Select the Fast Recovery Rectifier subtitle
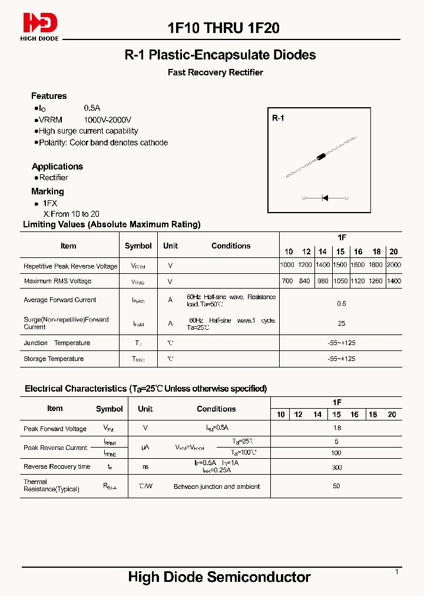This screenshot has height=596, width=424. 216,72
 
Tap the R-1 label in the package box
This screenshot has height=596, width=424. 278,118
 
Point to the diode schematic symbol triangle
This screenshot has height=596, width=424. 325,198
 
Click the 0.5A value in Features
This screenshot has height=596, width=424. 92,108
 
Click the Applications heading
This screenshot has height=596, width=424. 57,167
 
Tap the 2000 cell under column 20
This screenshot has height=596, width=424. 394,265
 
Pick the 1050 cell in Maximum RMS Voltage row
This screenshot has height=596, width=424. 340,281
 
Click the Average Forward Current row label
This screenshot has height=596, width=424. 59,300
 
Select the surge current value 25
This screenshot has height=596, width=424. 342,323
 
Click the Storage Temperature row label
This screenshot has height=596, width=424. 54,359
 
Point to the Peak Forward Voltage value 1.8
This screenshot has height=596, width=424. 337,428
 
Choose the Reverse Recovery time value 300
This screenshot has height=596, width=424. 337,466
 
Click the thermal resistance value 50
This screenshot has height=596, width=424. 337,486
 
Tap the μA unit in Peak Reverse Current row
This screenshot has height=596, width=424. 145,448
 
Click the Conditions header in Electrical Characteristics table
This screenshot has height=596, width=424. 216,409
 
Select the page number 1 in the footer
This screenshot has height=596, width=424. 396,571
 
